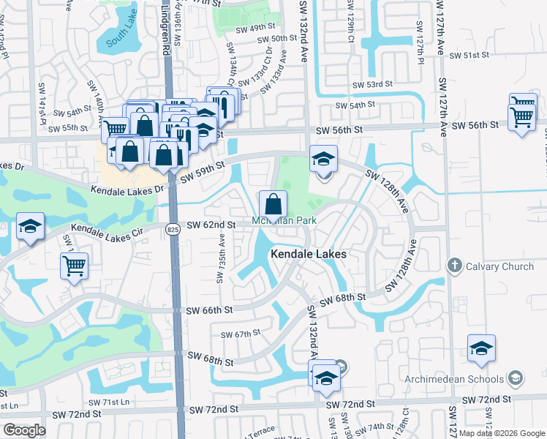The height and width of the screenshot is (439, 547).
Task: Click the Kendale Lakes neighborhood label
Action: click(x=309, y=254)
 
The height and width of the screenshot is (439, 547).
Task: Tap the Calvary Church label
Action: click(x=499, y=266)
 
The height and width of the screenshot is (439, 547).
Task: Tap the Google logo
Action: click(x=24, y=430)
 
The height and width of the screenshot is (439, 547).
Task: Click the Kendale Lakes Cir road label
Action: click(x=110, y=232)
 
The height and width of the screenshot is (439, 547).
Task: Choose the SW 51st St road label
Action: click(x=469, y=55)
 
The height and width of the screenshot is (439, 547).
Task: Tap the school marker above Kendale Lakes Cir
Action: click(x=30, y=226)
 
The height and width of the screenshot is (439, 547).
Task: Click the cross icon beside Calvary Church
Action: click(x=454, y=266)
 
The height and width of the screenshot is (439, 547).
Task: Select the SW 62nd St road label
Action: click(x=211, y=225)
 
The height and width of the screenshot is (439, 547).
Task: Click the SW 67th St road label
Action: click(x=241, y=334)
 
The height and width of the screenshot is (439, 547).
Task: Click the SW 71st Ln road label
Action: click(x=108, y=402)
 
